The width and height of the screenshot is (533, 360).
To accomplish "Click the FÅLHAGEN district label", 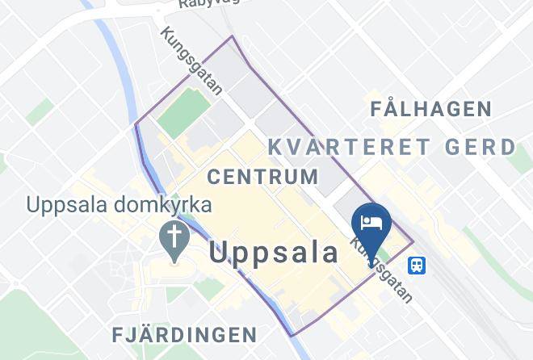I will point(430,109).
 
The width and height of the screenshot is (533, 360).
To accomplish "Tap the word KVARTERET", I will point(338,147).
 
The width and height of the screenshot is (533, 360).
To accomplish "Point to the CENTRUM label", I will point(262,176).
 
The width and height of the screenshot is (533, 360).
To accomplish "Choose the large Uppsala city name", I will point(274,253).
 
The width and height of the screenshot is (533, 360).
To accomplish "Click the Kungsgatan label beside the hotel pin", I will point(382,270).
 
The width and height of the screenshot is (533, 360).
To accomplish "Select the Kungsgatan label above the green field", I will point(191,61).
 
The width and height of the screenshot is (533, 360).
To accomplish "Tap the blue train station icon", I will point(418,264).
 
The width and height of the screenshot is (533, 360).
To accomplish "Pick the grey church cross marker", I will point(174,237).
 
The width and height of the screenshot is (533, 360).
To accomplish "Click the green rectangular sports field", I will point(183,112).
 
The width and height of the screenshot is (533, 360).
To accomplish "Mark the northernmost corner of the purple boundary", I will point(233,36).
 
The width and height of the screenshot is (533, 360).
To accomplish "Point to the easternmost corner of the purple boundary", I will point(413,241).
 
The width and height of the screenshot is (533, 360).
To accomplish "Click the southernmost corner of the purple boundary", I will point(291,335).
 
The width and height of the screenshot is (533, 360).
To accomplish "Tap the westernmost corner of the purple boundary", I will point(134,124).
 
